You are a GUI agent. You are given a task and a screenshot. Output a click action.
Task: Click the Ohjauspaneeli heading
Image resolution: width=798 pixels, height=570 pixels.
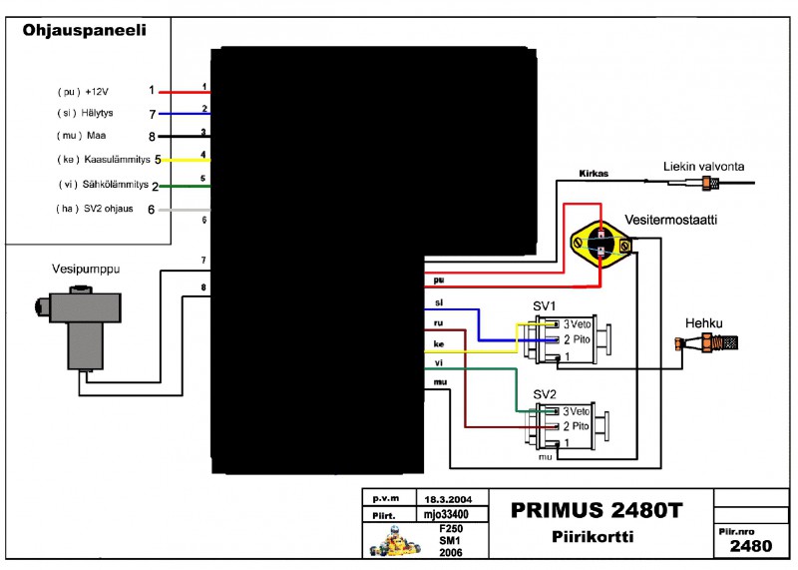85,31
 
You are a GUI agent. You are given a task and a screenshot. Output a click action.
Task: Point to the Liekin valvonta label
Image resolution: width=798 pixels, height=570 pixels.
704,166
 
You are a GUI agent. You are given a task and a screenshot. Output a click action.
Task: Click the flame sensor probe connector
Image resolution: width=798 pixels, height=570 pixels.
711,183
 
